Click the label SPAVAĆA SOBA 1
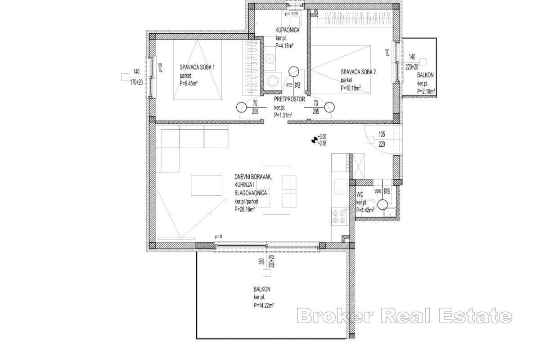197,67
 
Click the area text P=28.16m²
245,209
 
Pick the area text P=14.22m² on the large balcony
264,305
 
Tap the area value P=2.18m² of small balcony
426,91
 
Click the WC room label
360,194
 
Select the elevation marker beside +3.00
314,140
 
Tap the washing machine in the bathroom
272,81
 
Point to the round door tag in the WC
382,204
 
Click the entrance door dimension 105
382,134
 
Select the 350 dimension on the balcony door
261,263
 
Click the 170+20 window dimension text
136,82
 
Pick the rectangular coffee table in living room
207,185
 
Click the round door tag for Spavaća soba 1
242,107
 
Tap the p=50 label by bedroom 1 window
160,67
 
